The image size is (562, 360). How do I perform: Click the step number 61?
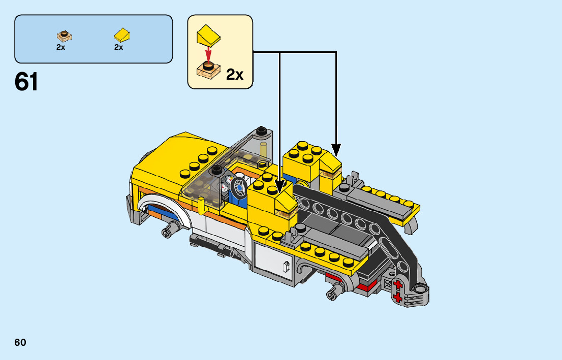click(x=26, y=82)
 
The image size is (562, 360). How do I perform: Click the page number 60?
click(x=20, y=342)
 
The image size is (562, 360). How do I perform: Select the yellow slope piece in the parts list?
click(x=122, y=35)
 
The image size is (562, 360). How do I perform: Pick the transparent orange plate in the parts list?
click(x=64, y=36)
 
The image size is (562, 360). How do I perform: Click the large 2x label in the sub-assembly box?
click(x=235, y=75)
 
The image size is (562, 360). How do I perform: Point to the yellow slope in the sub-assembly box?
click(x=208, y=35)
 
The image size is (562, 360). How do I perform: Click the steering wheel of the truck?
click(x=239, y=187)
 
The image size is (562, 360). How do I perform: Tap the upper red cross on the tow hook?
click(x=397, y=285)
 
